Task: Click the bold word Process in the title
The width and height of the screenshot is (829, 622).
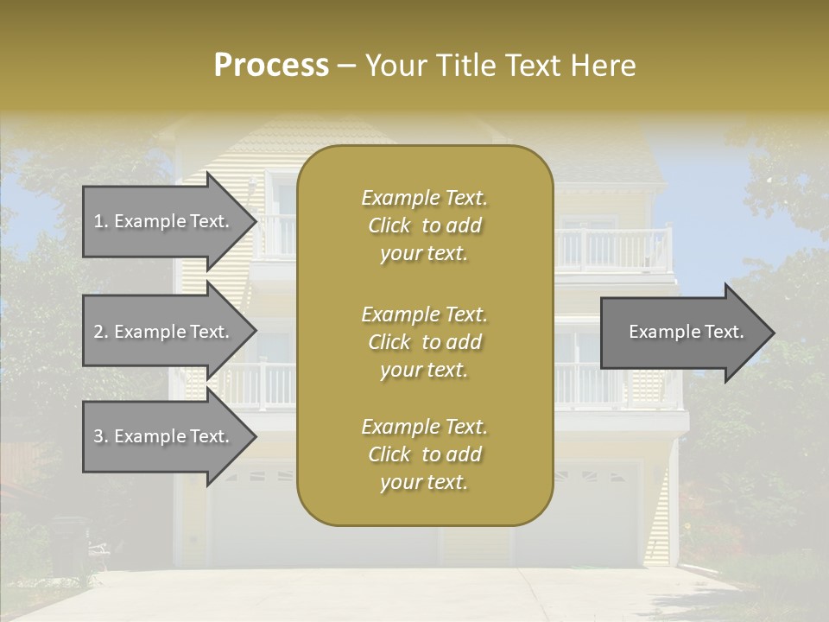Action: click(271, 66)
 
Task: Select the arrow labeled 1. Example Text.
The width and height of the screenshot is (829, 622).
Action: click(164, 221)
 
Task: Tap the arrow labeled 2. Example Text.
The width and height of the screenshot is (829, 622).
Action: click(164, 332)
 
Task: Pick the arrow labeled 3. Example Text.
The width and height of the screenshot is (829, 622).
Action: click(164, 436)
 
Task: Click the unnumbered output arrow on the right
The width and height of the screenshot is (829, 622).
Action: click(682, 332)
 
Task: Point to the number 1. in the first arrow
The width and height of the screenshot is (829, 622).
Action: click(100, 221)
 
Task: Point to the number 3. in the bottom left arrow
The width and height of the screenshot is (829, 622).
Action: click(100, 436)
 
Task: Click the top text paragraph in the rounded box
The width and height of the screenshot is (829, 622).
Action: click(424, 225)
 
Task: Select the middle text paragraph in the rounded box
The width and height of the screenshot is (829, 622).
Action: click(424, 342)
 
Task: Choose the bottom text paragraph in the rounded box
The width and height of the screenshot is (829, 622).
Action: click(424, 454)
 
